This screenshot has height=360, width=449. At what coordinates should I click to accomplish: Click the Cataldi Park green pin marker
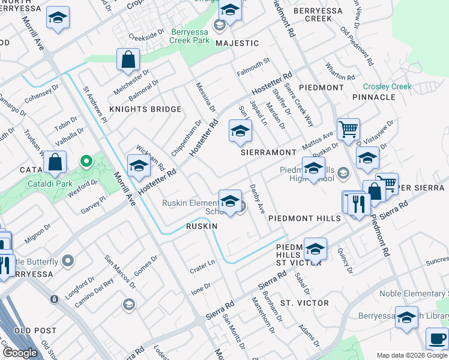(86, 161)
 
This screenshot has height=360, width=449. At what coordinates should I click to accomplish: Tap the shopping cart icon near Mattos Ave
(348, 128)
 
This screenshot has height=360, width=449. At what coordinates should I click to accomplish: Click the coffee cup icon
(436, 338)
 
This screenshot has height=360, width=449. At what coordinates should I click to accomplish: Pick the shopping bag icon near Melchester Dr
(128, 59)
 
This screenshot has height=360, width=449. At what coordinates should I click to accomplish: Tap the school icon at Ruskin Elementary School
(230, 202)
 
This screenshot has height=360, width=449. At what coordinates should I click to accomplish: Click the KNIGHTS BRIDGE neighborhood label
(145, 109)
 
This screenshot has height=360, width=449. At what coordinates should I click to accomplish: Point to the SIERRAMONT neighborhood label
(269, 152)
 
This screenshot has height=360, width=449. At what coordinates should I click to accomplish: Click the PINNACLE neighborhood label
(374, 97)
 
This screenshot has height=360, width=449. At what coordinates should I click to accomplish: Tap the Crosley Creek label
(387, 86)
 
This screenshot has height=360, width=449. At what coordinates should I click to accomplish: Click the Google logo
(20, 353)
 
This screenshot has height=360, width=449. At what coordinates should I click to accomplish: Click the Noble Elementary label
(414, 294)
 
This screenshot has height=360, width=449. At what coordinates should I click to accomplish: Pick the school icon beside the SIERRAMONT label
(240, 132)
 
